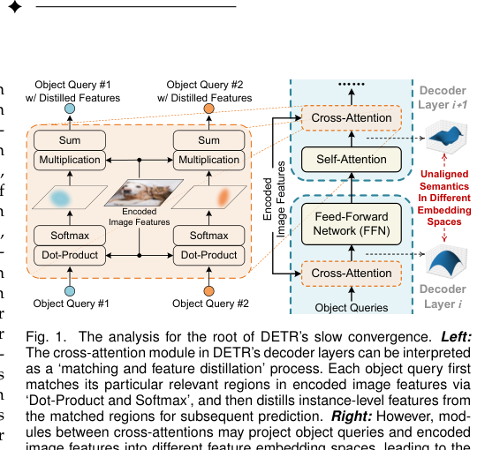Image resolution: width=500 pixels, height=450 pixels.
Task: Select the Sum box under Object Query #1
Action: coord(70,140)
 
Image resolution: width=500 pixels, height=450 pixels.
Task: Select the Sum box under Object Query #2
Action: coord(209,140)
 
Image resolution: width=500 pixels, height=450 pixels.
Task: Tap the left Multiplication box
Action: coord(70,160)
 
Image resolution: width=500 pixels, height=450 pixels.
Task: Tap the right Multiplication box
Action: coord(209,160)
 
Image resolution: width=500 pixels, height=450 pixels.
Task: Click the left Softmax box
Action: coord(70,236)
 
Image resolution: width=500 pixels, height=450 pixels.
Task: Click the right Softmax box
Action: coord(209,236)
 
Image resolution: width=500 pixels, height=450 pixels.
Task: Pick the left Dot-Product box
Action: coord(70,255)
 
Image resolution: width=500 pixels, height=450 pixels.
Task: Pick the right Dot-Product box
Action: coord(209,255)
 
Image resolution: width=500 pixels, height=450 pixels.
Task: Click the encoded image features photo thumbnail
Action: coord(140,192)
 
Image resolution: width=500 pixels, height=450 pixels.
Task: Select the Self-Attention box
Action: coord(352,160)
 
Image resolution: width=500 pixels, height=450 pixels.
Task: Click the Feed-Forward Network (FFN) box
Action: coord(352,223)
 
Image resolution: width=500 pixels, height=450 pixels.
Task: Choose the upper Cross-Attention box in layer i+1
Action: coord(352,117)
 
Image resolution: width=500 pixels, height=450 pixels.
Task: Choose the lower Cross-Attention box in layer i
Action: coord(352,274)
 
